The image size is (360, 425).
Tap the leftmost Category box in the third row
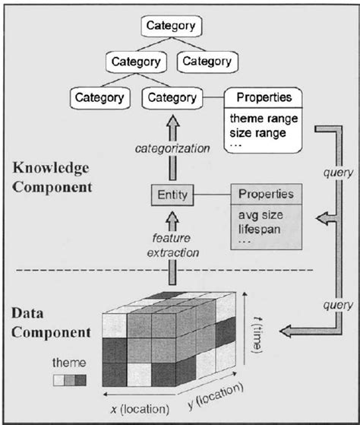tap(100, 97)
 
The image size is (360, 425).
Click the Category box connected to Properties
tap(171, 97)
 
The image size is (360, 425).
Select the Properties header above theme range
tap(263, 97)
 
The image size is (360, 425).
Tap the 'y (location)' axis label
tap(216, 395)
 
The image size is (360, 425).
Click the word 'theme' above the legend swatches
tap(67, 362)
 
